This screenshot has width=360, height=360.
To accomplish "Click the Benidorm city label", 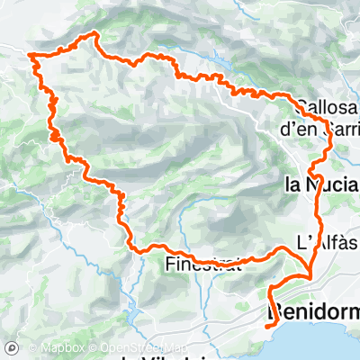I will coord(315,313).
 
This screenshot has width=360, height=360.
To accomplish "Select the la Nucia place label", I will coord(320,186).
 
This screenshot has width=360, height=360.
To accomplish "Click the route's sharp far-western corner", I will coord(31,56).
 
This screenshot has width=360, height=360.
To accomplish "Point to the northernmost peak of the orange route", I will coord(94,34).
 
